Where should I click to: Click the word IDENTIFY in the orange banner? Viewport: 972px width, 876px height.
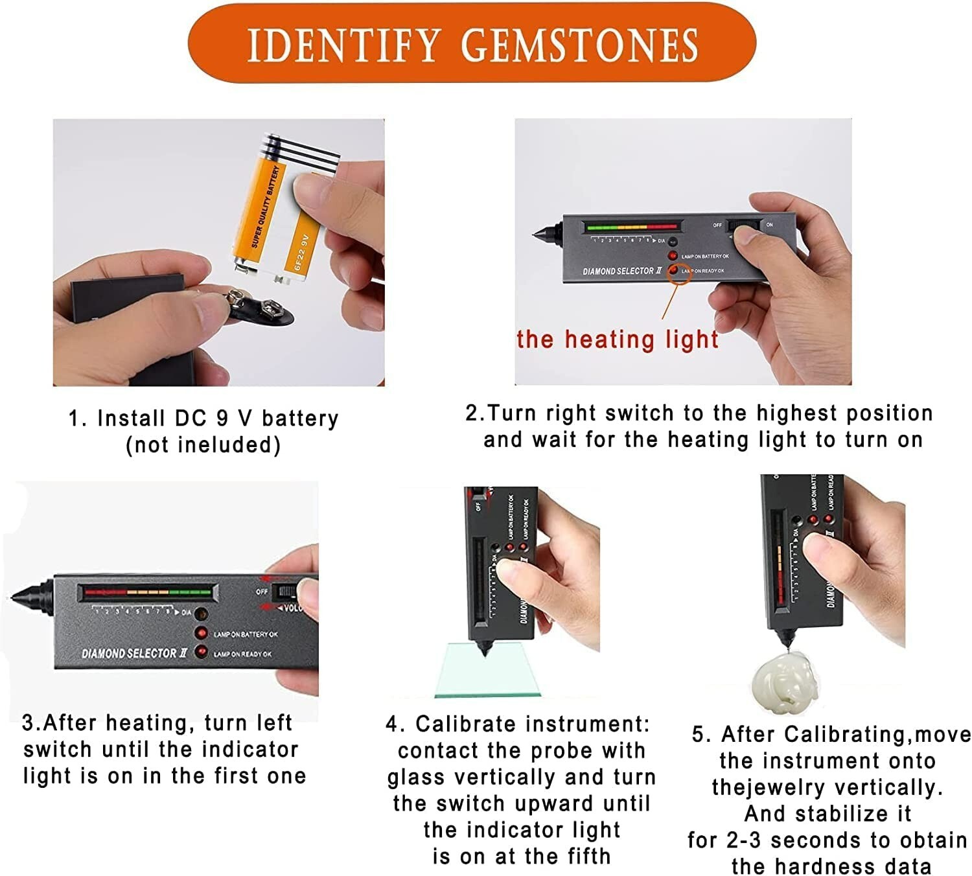(343, 45)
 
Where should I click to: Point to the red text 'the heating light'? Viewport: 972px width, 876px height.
(618, 340)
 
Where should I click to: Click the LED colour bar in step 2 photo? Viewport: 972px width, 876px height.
(632, 227)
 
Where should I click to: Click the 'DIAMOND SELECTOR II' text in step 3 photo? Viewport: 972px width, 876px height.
(134, 654)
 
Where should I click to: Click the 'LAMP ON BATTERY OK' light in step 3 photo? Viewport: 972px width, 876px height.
(202, 633)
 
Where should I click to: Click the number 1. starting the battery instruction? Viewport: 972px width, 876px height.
(77, 419)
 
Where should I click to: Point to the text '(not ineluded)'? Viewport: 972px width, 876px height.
(203, 445)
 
